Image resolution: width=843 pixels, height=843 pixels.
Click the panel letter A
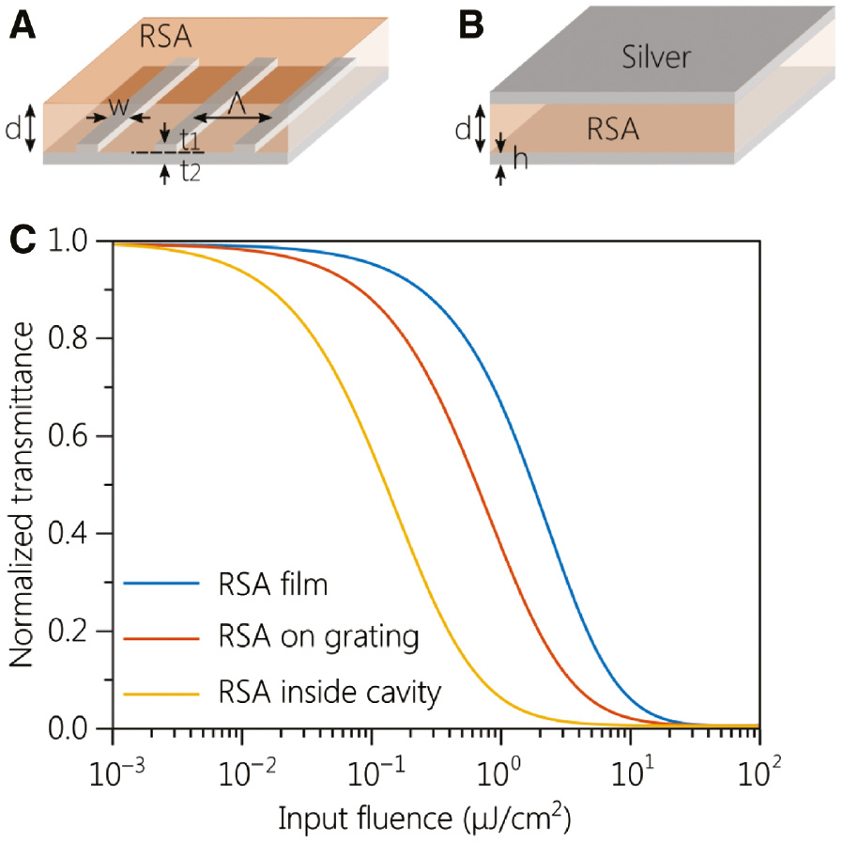click(x=23, y=25)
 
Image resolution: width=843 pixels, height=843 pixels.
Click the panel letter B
click(x=469, y=25)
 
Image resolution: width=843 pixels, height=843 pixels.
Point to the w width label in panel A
click(x=117, y=106)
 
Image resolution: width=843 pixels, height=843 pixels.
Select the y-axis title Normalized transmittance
click(x=23, y=485)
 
